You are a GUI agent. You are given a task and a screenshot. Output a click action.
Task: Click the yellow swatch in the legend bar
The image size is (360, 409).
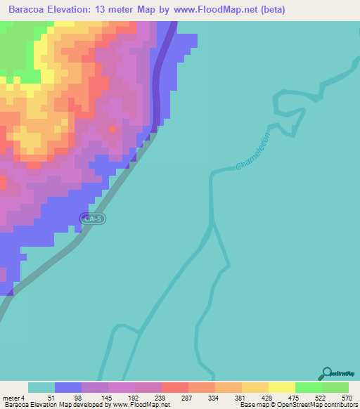(x=281, y=388)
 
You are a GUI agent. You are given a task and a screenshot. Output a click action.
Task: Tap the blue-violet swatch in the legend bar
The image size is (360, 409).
(x=68, y=388)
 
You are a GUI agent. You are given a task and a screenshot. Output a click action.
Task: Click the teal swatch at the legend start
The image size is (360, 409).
(x=41, y=388)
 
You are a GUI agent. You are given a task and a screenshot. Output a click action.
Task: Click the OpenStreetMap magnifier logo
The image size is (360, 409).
(x=327, y=373)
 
